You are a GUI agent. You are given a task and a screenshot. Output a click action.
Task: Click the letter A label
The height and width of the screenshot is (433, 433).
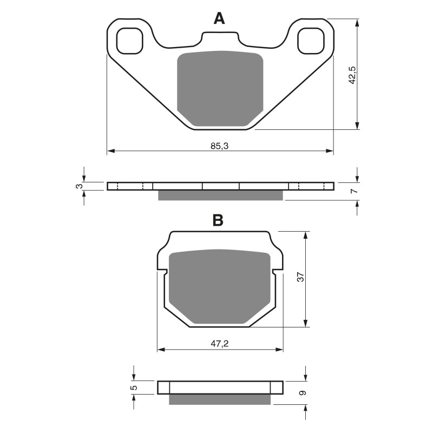tap(219, 19)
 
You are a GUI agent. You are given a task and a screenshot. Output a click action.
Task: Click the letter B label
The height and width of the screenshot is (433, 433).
tap(218, 220)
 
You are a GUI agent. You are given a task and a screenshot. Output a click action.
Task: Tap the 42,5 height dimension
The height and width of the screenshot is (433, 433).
tap(352, 75)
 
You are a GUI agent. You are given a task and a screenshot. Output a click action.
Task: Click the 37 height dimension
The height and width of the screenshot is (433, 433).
tap(302, 277)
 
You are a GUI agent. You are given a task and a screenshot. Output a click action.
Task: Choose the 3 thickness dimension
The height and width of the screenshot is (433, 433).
tap(78, 186)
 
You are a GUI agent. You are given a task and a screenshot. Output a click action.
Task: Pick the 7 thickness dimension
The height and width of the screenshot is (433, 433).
tap(352, 192)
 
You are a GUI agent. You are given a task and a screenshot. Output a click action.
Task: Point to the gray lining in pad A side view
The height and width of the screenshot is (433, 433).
tap(220, 195)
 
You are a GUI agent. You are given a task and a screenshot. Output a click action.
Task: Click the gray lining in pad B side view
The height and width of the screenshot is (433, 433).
tap(219, 399)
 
